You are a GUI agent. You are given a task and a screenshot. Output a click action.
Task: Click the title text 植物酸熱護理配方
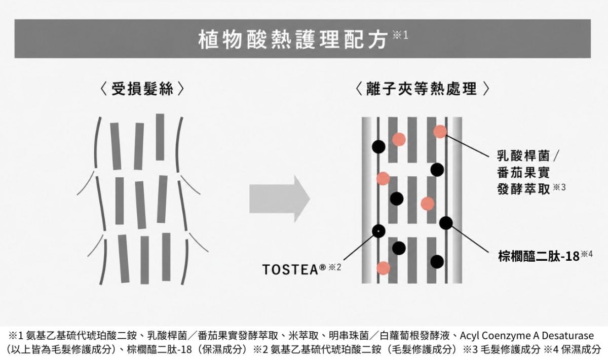tap(293, 40)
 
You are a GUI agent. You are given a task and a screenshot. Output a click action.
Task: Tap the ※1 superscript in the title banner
tap(400, 35)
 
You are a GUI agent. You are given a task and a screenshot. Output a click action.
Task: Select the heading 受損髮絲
tap(142, 89)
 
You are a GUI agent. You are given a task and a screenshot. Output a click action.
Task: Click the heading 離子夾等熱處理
tap(422, 89)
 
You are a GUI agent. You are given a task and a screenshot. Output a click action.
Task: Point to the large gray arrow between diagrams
tap(280, 199)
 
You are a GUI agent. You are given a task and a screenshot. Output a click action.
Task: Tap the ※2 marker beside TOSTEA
tap(335, 267)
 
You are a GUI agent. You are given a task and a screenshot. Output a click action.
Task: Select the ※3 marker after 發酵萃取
tap(559, 187)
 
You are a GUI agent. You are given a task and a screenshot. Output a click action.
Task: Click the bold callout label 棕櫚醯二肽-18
tap(539, 256)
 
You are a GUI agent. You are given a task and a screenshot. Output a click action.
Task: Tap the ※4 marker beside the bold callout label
tap(587, 254)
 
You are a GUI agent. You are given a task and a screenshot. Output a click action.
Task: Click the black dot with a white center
tap(378, 231)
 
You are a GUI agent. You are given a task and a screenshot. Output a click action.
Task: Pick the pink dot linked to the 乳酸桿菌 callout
tap(440, 132)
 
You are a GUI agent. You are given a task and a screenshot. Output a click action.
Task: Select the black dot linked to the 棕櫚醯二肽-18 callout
tap(446, 223)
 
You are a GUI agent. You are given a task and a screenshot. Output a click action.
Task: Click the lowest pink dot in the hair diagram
tap(383, 268)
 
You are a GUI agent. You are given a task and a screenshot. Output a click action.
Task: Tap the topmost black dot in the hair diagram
tap(378, 147)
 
